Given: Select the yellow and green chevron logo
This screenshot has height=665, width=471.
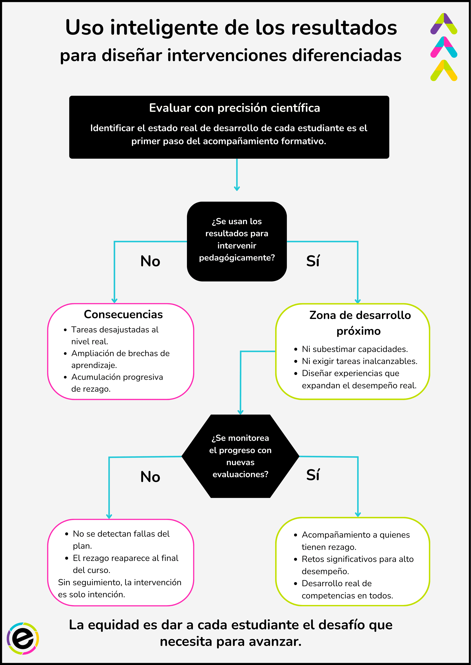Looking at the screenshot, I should coord(444,70).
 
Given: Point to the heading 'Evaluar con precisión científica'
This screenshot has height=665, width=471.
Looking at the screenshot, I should coord(234,108).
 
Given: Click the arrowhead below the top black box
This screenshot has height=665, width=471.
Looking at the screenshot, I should coord(237,188).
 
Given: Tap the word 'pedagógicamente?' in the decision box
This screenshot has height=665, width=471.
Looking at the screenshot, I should coord(237,258).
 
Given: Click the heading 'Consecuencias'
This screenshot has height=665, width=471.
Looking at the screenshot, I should coord(123,314).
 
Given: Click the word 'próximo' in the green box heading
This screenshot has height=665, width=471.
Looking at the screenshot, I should coord(358,331).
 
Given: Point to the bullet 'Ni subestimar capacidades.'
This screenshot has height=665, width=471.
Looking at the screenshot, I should coord(355,349).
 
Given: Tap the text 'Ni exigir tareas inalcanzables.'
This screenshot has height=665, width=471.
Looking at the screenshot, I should coord(359,361).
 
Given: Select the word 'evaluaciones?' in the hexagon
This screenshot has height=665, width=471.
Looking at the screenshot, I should coord(240,474).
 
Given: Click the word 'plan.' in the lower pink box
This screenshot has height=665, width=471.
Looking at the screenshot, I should coord(82,546).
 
